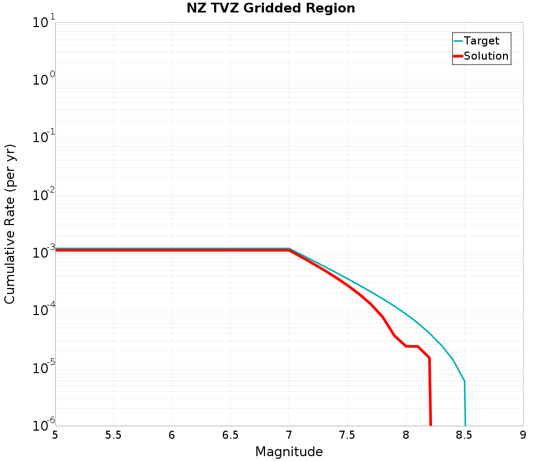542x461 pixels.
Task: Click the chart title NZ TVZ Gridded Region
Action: click(x=271, y=9)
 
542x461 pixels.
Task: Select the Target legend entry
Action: click(x=481, y=41)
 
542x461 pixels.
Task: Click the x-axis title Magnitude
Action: click(x=289, y=452)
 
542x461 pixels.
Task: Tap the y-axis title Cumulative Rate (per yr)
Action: click(x=10, y=224)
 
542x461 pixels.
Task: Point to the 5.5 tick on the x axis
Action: click(x=113, y=435)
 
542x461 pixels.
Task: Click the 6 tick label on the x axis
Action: click(x=172, y=435)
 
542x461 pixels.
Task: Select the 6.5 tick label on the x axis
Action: click(x=230, y=435)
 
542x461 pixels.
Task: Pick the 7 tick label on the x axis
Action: click(x=289, y=435)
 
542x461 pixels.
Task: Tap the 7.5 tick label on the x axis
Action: click(x=347, y=435)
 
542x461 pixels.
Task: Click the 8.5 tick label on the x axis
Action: click(x=464, y=435)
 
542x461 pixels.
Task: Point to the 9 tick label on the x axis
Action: click(x=523, y=435)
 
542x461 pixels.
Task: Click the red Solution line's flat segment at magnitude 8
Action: click(x=411, y=346)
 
